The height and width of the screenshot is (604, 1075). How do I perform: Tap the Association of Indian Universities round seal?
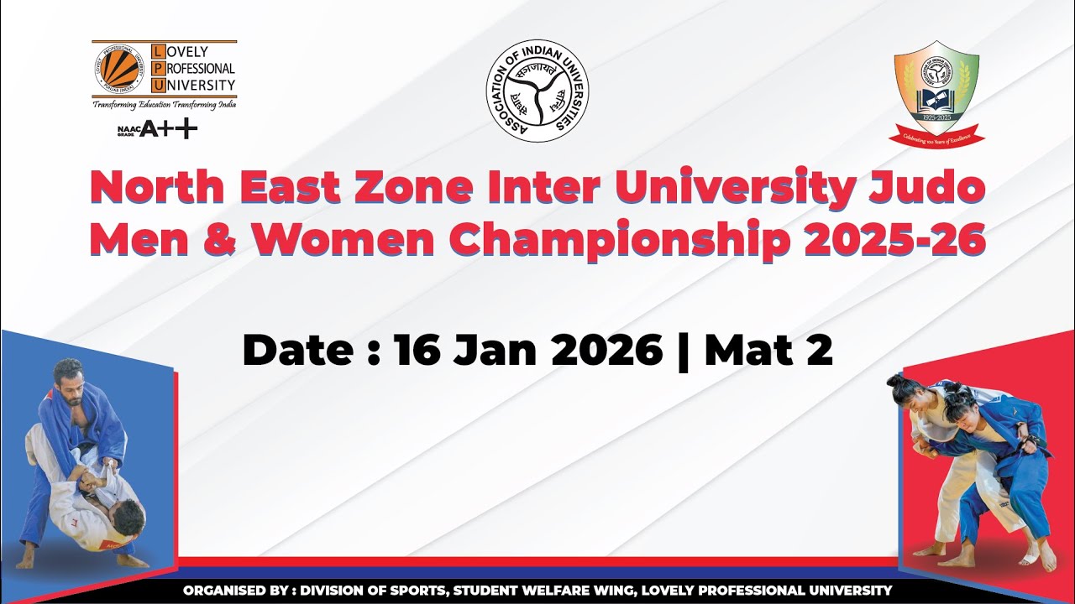tap(537, 91)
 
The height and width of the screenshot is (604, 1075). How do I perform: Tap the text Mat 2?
tap(768, 350)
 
